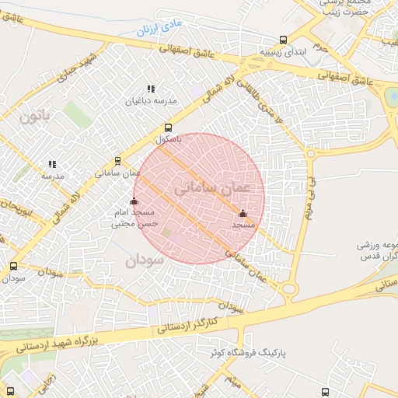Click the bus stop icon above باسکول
pyautogui.click(x=168, y=128)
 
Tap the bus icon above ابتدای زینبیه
pyautogui.click(x=282, y=40)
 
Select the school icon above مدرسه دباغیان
pyautogui.click(x=151, y=89)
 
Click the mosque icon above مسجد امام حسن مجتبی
pyautogui.click(x=134, y=201)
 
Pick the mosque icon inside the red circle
pyautogui.click(x=243, y=213)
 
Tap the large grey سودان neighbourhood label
pyautogui.click(x=145, y=260)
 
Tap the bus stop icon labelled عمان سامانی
pyautogui.click(x=117, y=161)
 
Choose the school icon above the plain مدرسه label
pyautogui.click(x=52, y=164)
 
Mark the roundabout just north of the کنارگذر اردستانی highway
pyautogui.click(x=290, y=289)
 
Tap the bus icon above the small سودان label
pyautogui.click(x=13, y=266)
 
